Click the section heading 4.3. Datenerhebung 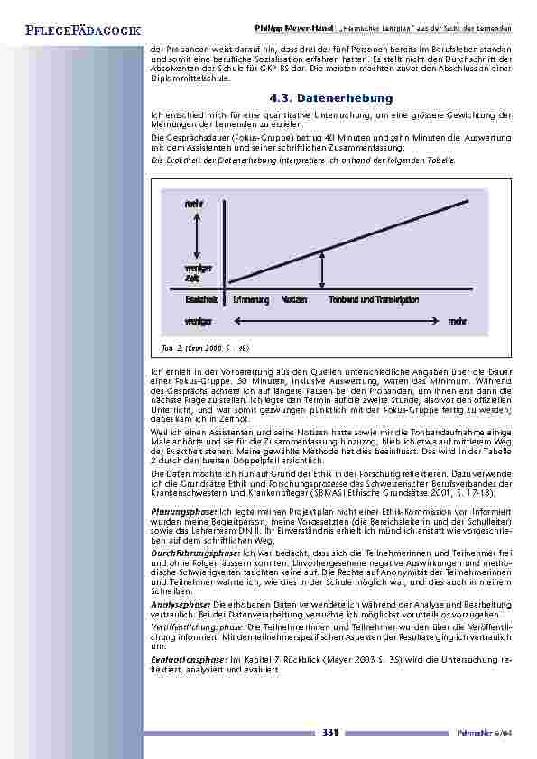pos(331,97)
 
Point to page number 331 pos(330,733)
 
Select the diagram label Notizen pos(293,299)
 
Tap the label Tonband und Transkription pos(373,299)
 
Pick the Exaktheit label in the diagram pos(200,299)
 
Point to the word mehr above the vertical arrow pos(194,205)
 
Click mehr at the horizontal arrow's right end pos(456,321)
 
